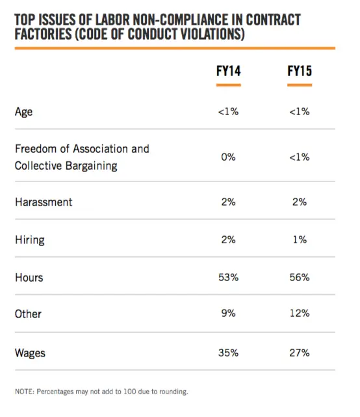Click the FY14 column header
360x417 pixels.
point(229,71)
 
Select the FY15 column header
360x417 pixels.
point(300,71)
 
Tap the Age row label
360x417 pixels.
point(23,112)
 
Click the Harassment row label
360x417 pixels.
point(44,202)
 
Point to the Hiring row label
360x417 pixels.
point(30,240)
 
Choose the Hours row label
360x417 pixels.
point(29,278)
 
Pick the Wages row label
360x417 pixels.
point(30,353)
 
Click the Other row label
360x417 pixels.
point(28,314)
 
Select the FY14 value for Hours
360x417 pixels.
point(229,277)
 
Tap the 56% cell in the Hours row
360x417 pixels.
point(300,277)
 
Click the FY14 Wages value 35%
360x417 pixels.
point(229,353)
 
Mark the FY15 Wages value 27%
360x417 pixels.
point(300,353)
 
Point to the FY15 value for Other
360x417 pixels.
point(300,314)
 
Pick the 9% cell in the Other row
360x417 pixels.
point(229,314)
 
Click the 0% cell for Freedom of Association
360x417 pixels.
point(229,157)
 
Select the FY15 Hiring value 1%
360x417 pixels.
point(300,240)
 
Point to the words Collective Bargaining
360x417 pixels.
point(66,166)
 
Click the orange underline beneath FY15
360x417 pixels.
point(300,85)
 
